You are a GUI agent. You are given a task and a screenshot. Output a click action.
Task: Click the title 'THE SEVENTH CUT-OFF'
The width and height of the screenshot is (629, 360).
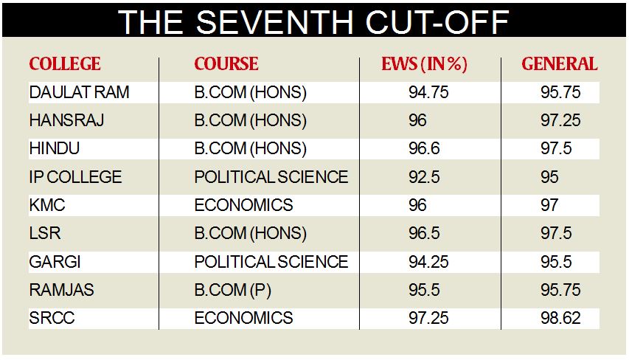(314, 21)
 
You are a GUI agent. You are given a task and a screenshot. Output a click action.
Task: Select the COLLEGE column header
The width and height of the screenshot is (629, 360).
(65, 64)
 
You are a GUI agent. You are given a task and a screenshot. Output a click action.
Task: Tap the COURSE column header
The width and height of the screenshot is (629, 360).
(226, 64)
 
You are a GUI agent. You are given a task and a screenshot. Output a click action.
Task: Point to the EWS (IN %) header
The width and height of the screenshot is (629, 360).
(425, 64)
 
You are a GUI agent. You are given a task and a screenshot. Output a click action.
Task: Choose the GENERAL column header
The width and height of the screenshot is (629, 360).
(560, 64)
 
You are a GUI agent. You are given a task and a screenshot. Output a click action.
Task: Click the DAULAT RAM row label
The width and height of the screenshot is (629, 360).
(79, 92)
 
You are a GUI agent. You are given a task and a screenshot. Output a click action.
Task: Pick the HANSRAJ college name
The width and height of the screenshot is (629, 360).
(66, 120)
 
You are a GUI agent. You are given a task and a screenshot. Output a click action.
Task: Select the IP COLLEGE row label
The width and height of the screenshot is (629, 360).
(75, 177)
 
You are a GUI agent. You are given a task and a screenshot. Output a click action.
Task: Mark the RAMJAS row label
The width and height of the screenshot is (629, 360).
(61, 290)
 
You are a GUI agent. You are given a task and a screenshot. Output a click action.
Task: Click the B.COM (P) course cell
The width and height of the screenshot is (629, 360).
(232, 290)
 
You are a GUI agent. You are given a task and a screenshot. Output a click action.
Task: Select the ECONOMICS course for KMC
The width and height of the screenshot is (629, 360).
(243, 205)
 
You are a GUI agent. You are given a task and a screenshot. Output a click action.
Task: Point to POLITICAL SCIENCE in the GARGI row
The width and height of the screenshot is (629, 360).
(271, 262)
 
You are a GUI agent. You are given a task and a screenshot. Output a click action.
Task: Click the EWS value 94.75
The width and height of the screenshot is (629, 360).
(428, 92)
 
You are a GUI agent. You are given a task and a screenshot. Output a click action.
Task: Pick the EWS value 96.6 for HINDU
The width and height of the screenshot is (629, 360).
(424, 149)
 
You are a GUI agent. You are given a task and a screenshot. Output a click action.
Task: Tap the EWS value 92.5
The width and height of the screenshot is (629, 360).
(424, 177)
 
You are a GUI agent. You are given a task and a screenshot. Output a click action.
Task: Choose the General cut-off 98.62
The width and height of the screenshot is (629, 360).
(560, 318)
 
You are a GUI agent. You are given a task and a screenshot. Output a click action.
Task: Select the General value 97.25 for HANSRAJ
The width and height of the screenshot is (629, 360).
(560, 120)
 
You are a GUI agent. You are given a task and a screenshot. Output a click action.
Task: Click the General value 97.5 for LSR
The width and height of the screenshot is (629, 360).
(556, 234)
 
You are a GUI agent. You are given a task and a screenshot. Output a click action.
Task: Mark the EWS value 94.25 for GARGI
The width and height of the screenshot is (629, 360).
(428, 262)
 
